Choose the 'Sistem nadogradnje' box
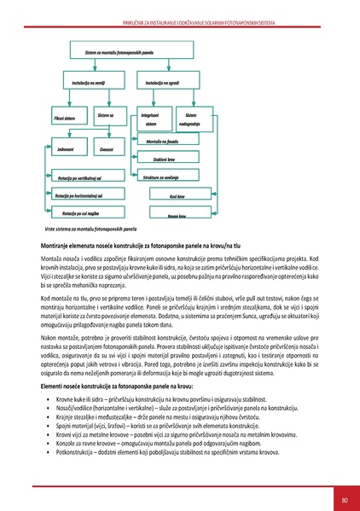[198, 119]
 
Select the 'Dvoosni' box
[106, 149]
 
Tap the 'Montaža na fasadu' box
[165, 141]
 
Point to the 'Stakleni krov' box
[165, 160]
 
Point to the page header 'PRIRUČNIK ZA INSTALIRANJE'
[180, 8]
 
